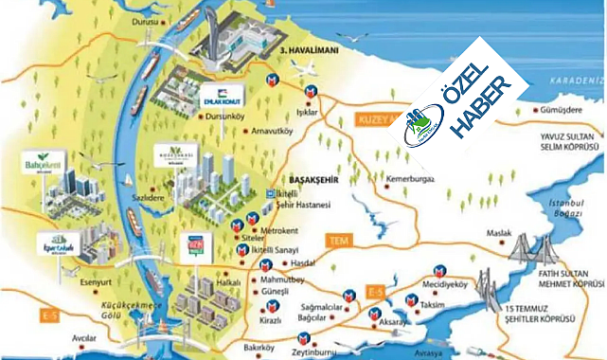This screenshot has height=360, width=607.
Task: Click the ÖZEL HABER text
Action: click(x=478, y=99)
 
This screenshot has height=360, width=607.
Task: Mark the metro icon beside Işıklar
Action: click(x=311, y=90)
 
